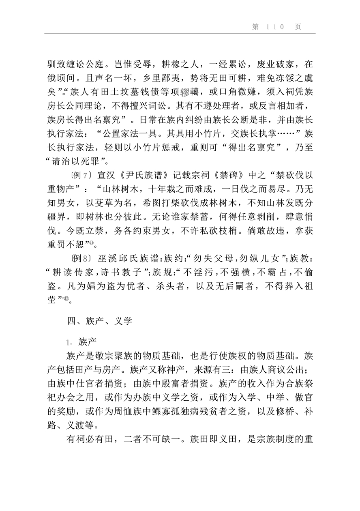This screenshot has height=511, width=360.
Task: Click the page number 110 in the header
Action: click(276, 27)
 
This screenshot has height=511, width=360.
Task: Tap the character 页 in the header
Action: click(298, 27)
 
